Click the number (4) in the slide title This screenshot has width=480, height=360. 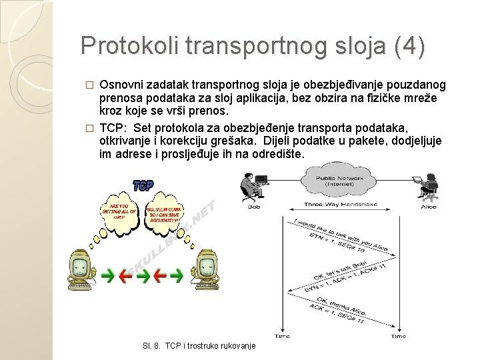[409, 46]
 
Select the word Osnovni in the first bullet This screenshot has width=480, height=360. [121, 85]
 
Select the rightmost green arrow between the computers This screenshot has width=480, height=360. [176, 273]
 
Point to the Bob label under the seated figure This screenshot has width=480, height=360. [253, 207]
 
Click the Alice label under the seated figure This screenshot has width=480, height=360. [429, 207]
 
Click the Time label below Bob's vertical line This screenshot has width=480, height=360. [282, 337]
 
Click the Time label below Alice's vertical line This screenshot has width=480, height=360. [399, 337]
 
